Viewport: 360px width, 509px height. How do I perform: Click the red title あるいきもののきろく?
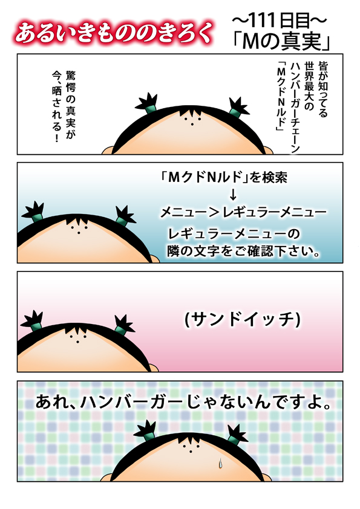[114, 33]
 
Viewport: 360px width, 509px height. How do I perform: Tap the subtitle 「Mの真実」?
[281, 42]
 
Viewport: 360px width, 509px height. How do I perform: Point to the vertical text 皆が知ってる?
[322, 89]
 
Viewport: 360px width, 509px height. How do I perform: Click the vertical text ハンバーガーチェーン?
[295, 107]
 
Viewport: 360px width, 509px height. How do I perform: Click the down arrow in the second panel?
[232, 195]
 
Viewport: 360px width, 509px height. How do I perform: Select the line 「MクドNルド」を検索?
[224, 177]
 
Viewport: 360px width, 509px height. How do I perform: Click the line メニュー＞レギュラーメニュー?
[243, 212]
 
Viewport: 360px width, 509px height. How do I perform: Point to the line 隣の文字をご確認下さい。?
[244, 251]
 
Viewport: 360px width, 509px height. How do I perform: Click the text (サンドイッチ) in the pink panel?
[243, 320]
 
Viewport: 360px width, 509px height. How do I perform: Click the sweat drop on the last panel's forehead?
[221, 463]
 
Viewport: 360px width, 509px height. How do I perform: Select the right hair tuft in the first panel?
[239, 106]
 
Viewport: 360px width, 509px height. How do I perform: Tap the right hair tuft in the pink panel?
[124, 325]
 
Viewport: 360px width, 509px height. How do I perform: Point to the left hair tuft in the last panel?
[145, 430]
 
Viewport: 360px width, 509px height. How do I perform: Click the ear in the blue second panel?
[155, 258]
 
